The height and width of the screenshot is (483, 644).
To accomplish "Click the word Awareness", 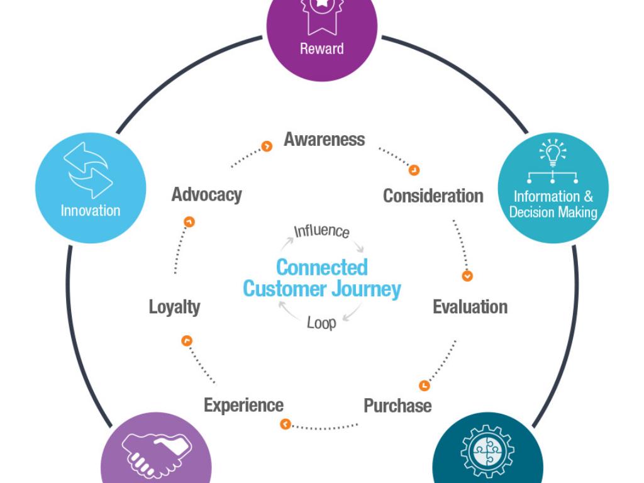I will (324, 139).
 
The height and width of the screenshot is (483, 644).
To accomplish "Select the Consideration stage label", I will (433, 196).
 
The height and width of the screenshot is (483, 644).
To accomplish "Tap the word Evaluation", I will (470, 307).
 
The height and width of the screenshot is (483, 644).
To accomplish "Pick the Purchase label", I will (397, 405).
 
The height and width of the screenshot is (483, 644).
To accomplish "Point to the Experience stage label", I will (243, 405).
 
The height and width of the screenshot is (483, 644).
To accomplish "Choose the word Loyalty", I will (174, 307).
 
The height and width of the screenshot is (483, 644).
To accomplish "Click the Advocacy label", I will (206, 194).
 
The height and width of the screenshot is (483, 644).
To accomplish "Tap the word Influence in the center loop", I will (321, 230).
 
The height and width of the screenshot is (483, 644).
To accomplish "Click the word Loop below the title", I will (321, 323).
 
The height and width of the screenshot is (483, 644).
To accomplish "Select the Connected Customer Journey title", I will (321, 278).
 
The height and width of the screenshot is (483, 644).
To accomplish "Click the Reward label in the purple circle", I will (321, 48).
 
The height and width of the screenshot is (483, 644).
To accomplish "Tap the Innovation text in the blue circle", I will (91, 211).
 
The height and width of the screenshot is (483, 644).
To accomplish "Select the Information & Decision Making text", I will (553, 204).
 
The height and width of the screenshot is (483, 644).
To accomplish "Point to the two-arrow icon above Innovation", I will (89, 169).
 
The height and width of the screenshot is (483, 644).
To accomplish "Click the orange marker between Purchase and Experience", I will (286, 425).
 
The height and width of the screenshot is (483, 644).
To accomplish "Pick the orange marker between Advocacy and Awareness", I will (267, 147).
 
